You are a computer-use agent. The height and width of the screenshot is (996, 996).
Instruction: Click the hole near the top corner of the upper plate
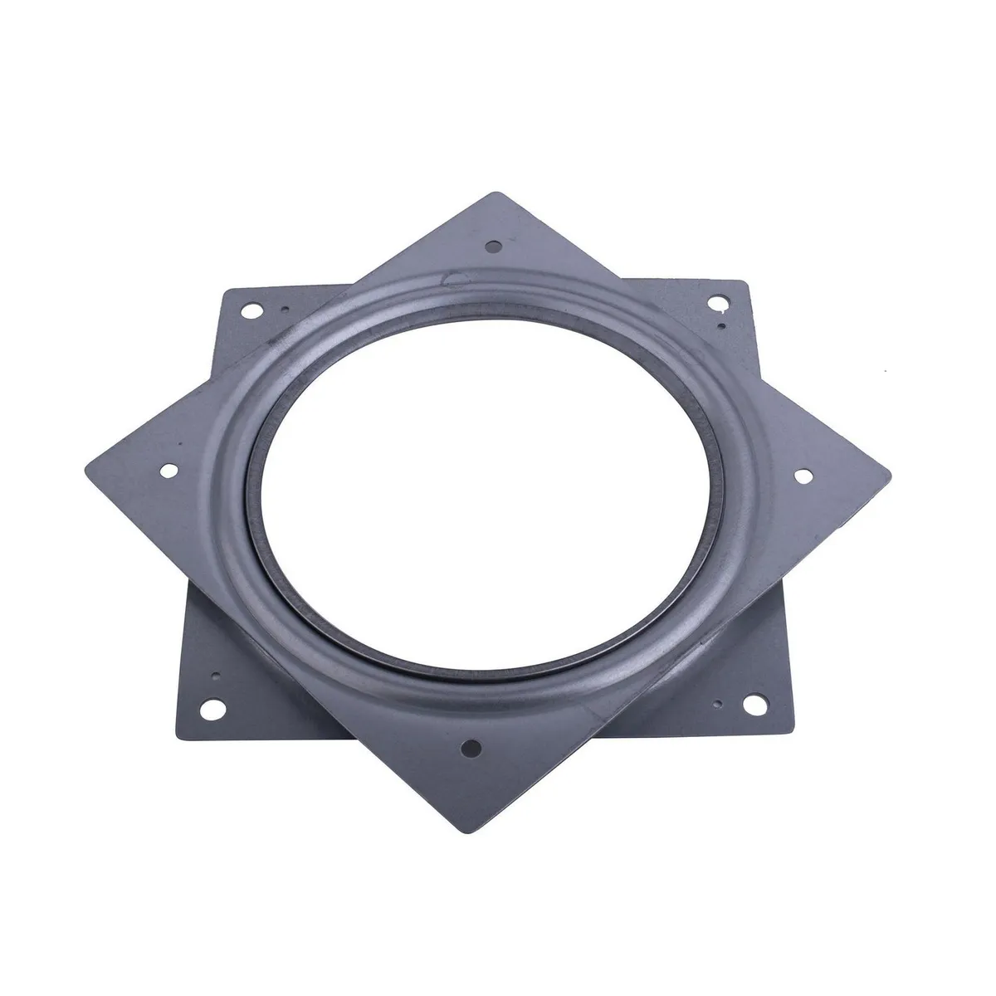pos(495,247)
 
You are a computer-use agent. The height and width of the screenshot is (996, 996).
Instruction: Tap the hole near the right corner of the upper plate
pos(803,476)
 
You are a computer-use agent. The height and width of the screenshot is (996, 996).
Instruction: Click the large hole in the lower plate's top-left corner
pos(248,314)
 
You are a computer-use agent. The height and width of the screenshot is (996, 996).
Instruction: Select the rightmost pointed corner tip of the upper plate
pos(891,476)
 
